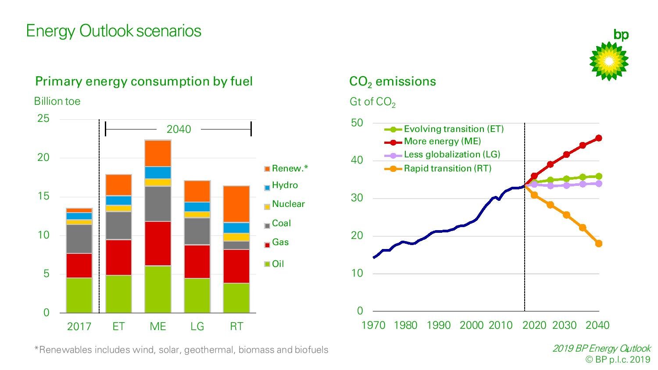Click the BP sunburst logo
(609, 61)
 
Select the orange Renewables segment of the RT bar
(236, 204)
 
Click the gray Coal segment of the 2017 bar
(79, 238)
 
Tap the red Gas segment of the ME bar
(158, 243)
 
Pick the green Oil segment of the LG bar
(197, 295)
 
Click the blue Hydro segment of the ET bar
(118, 200)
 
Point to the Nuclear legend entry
(288, 204)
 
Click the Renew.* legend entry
(290, 168)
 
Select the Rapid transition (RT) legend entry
(447, 168)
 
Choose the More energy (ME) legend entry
(442, 141)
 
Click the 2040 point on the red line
(598, 138)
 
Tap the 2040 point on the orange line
(598, 244)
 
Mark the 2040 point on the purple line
(598, 184)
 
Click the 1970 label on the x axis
(373, 325)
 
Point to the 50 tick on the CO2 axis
(357, 123)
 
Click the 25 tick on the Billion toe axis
(43, 118)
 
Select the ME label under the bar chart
(158, 327)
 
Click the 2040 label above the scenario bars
(179, 129)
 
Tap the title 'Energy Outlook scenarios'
(114, 31)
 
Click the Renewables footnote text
(181, 350)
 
